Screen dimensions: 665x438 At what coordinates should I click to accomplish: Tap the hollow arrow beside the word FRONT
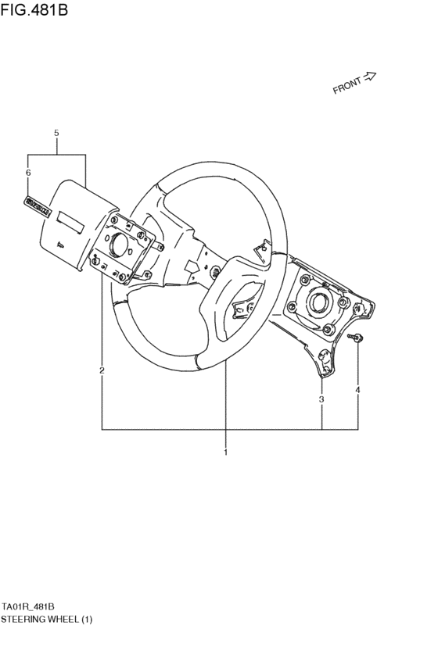pos(370,77)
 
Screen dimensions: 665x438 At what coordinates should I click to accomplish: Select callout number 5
pos(56,134)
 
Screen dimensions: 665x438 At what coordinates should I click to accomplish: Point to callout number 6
pos(28,172)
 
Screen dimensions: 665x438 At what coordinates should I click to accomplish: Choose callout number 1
pos(225,452)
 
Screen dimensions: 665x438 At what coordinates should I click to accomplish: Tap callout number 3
pos(321,399)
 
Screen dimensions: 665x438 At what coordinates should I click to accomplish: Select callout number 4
pos(357,389)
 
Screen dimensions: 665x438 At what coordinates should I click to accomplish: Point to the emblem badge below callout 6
pos(37,206)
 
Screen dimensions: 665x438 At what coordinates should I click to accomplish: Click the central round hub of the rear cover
pos(318,301)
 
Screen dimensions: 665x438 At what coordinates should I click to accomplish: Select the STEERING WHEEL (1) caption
pos(46,620)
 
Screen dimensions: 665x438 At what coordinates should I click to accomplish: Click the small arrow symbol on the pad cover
pos(59,244)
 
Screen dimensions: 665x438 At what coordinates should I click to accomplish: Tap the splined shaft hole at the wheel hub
pos(213,273)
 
